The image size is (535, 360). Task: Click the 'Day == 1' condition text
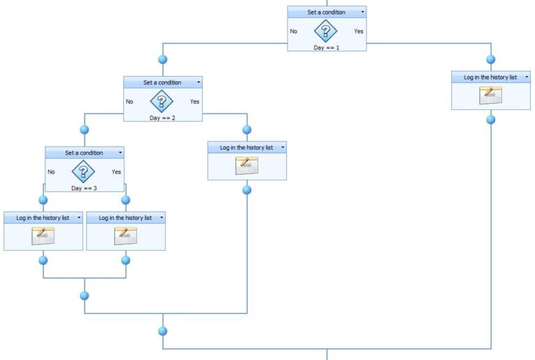click(327, 47)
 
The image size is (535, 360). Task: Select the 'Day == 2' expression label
click(163, 118)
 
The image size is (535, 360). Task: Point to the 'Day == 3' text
click(84, 188)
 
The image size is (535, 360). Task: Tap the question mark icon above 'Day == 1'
click(326, 31)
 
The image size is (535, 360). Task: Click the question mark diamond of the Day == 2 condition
click(162, 102)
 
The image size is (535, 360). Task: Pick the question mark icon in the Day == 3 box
click(84, 171)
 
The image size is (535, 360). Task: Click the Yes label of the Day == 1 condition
click(358, 31)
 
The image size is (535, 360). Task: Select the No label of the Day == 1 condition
click(293, 31)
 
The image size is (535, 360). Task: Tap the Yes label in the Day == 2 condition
click(194, 102)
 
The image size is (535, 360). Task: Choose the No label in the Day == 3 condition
click(51, 172)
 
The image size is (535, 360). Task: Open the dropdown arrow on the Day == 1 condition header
click(362, 12)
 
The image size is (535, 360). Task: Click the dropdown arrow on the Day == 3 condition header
click(120, 152)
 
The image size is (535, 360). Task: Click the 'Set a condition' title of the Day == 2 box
click(162, 82)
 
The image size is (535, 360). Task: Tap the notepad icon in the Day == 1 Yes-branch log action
click(490, 96)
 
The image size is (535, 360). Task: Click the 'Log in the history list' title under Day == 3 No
click(42, 218)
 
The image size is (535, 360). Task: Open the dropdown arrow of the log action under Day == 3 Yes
click(161, 218)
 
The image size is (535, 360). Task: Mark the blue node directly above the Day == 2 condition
click(163, 59)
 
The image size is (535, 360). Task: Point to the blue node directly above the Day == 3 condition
click(84, 130)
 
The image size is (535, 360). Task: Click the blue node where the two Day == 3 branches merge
click(84, 295)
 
